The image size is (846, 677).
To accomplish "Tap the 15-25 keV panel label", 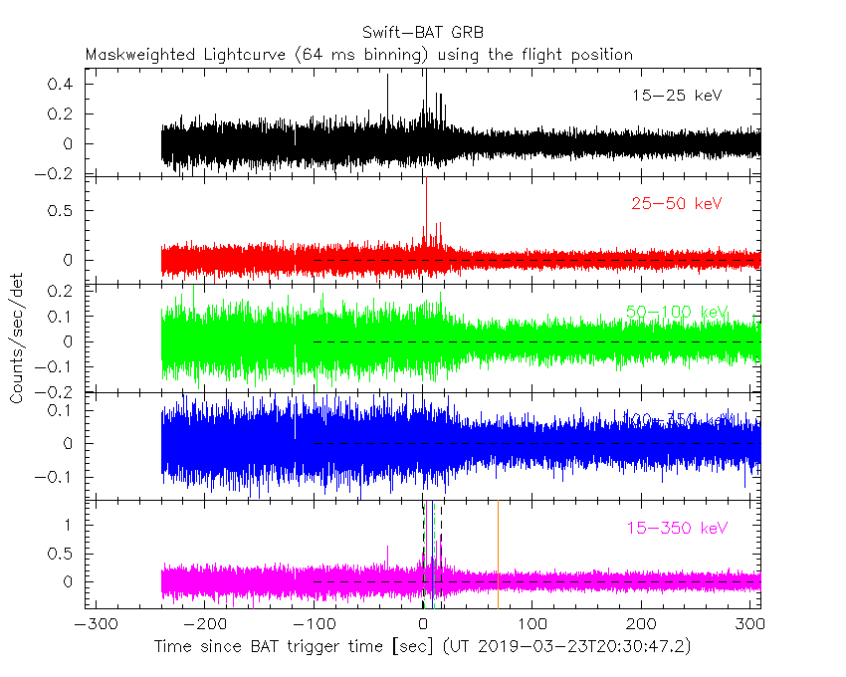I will [676, 96].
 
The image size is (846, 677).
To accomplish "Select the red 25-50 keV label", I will [676, 204].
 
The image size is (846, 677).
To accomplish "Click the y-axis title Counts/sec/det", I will [17, 338].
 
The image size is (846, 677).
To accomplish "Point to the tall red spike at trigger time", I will [425, 199].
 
